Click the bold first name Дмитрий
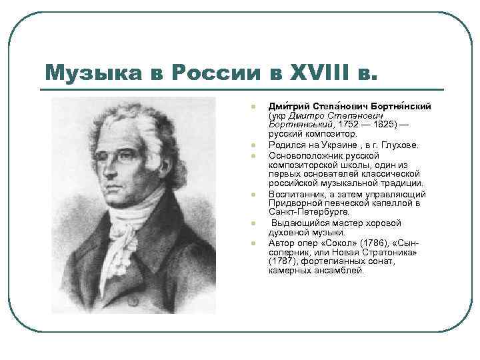pos(286,107)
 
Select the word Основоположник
pos(304,155)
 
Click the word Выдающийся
pos(299,223)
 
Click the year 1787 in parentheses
pos(281,261)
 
